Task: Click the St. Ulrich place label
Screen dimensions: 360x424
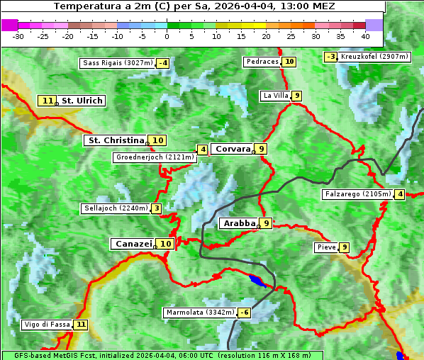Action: click(82, 101)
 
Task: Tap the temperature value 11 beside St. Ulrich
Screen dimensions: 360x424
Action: click(48, 101)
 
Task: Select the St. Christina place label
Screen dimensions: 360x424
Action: click(115, 140)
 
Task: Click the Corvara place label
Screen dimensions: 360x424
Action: click(233, 149)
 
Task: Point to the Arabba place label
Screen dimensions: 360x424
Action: click(239, 223)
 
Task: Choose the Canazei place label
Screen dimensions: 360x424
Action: click(133, 243)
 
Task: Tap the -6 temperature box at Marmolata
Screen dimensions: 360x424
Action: click(245, 313)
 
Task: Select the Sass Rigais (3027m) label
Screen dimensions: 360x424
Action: click(118, 63)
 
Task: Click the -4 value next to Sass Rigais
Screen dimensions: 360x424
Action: click(164, 63)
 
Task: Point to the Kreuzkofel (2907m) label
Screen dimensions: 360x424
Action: click(374, 57)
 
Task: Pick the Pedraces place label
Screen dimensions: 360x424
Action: click(262, 62)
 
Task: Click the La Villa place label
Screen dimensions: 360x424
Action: click(275, 96)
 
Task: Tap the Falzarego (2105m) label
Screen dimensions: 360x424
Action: click(357, 194)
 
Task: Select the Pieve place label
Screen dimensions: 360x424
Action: click(326, 247)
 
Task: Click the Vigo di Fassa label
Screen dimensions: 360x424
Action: click(48, 325)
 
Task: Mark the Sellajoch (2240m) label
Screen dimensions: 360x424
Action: click(115, 208)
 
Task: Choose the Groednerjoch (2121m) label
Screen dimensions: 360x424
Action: click(155, 157)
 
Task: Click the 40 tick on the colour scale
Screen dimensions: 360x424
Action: click(365, 35)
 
